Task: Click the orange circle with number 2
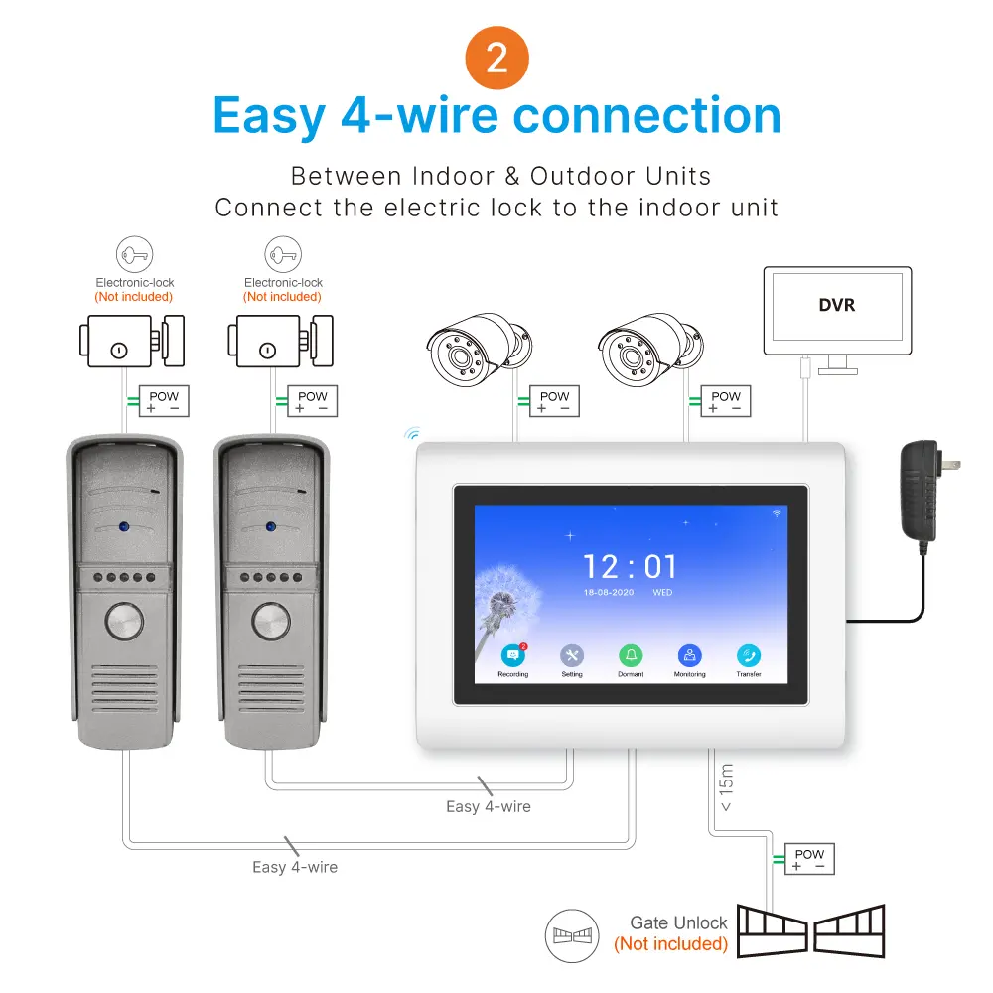[496, 58]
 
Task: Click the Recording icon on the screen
[512, 656]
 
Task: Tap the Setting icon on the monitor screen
[572, 656]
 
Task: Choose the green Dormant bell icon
[631, 656]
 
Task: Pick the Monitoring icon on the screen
[689, 656]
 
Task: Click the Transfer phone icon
[749, 656]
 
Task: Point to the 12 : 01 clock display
[630, 567]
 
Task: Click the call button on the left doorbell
[123, 623]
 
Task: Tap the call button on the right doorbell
[270, 623]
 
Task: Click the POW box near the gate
[808, 859]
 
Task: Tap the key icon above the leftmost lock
[134, 255]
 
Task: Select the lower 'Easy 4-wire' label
[295, 867]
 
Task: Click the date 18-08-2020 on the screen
[608, 594]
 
